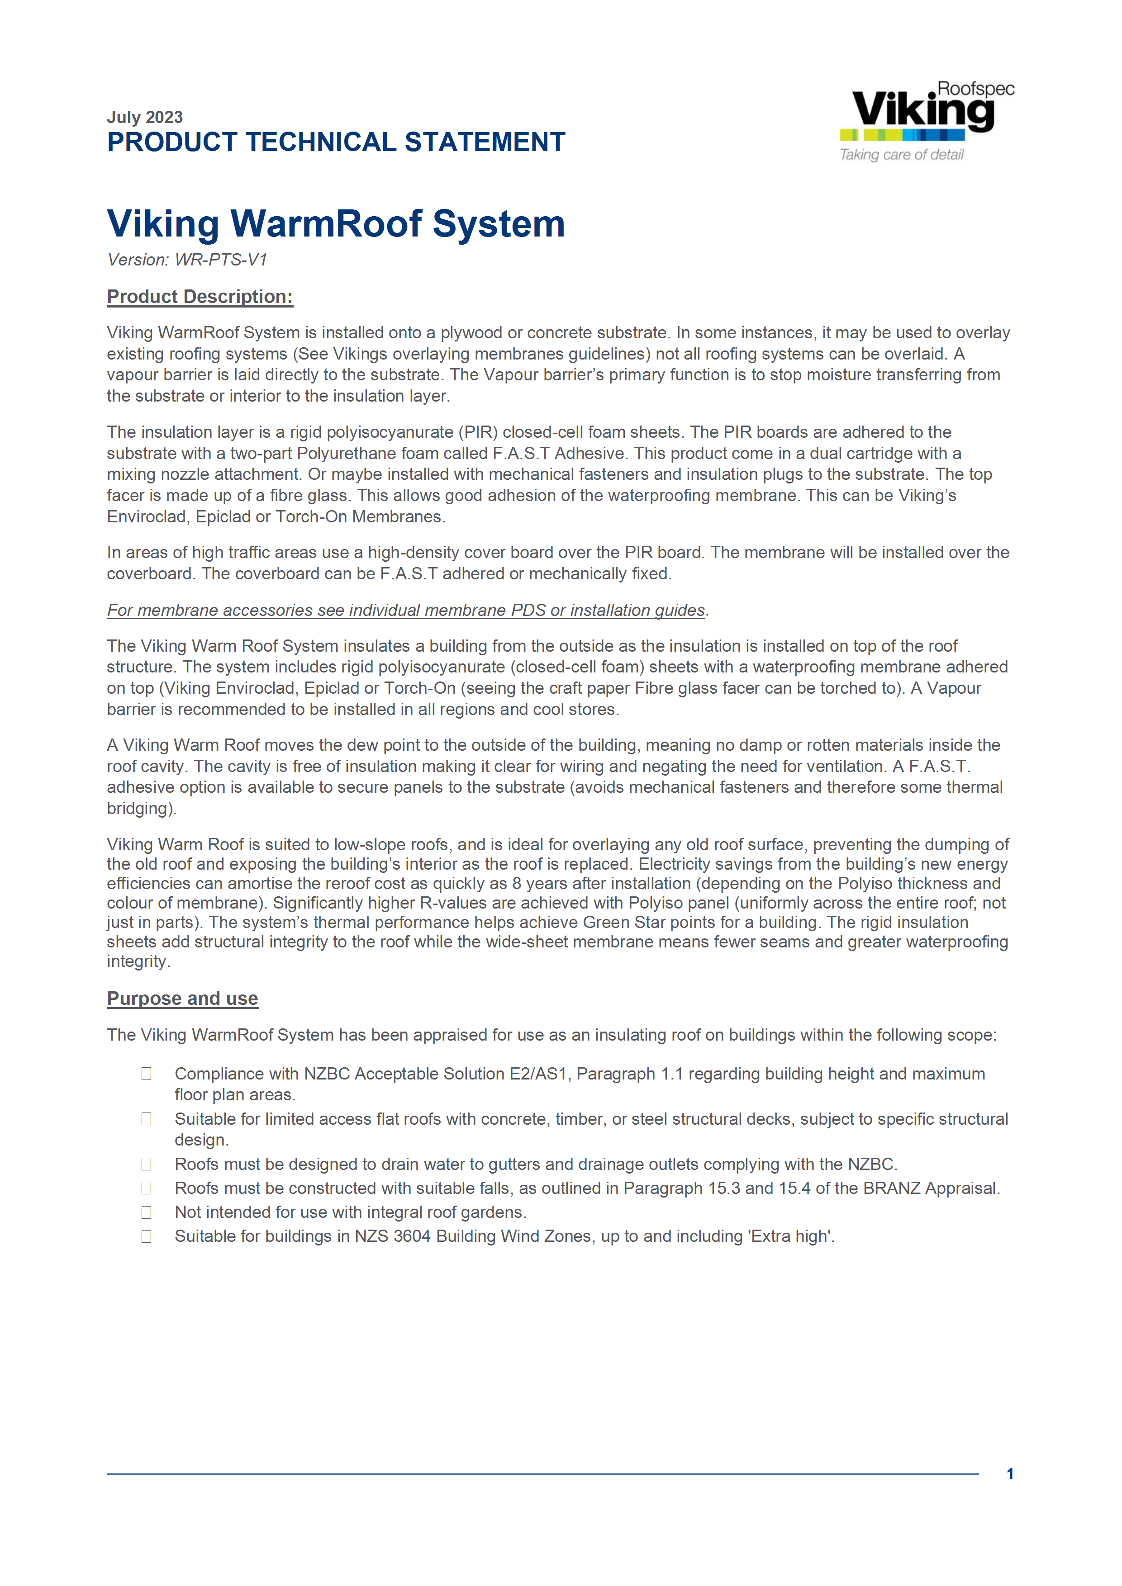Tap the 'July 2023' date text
pyautogui.click(x=144, y=117)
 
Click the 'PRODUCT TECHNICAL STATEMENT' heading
pyautogui.click(x=336, y=142)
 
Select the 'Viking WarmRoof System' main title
pyautogui.click(x=336, y=224)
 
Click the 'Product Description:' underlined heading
pyautogui.click(x=200, y=297)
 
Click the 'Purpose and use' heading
pyautogui.click(x=182, y=999)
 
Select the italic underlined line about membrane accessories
pyautogui.click(x=406, y=611)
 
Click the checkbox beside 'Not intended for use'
pyautogui.click(x=147, y=1212)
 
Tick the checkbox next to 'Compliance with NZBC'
pyautogui.click(x=147, y=1074)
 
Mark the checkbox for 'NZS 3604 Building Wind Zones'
pyautogui.click(x=147, y=1236)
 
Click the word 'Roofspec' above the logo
pyautogui.click(x=975, y=89)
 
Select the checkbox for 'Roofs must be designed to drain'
pyautogui.click(x=147, y=1164)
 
